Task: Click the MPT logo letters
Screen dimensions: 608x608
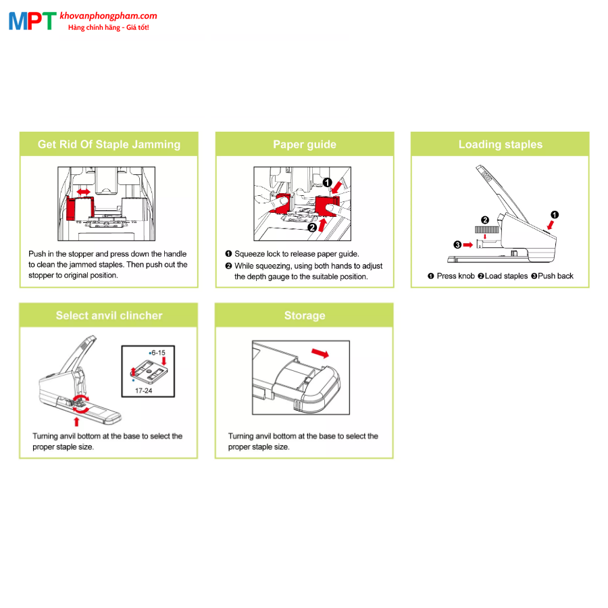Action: (x=32, y=21)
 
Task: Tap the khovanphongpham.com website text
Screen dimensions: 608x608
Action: (x=108, y=16)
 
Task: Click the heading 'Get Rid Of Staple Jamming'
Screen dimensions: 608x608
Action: (x=109, y=145)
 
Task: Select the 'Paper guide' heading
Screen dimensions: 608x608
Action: (x=305, y=145)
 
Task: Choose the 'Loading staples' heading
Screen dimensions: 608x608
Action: (x=500, y=145)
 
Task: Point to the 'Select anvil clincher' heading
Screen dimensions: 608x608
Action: (x=109, y=315)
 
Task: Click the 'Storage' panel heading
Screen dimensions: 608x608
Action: (x=305, y=315)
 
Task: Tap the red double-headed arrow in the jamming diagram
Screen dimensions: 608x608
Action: (x=83, y=192)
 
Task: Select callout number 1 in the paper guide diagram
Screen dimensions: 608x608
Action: (x=328, y=182)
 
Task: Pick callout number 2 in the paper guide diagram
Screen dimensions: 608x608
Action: (x=312, y=228)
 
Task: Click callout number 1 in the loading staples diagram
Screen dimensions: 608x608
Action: (x=555, y=215)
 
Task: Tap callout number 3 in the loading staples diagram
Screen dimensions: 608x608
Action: (x=457, y=245)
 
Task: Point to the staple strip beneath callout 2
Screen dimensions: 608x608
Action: (x=487, y=230)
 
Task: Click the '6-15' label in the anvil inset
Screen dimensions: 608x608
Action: (x=158, y=353)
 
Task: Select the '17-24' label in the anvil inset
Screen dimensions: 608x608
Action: (x=143, y=390)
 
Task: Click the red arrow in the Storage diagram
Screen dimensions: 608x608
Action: (x=320, y=353)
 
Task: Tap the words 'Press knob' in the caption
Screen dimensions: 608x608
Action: (x=455, y=276)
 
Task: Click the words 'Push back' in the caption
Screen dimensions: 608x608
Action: (x=556, y=276)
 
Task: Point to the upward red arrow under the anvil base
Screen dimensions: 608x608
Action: (x=76, y=422)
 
